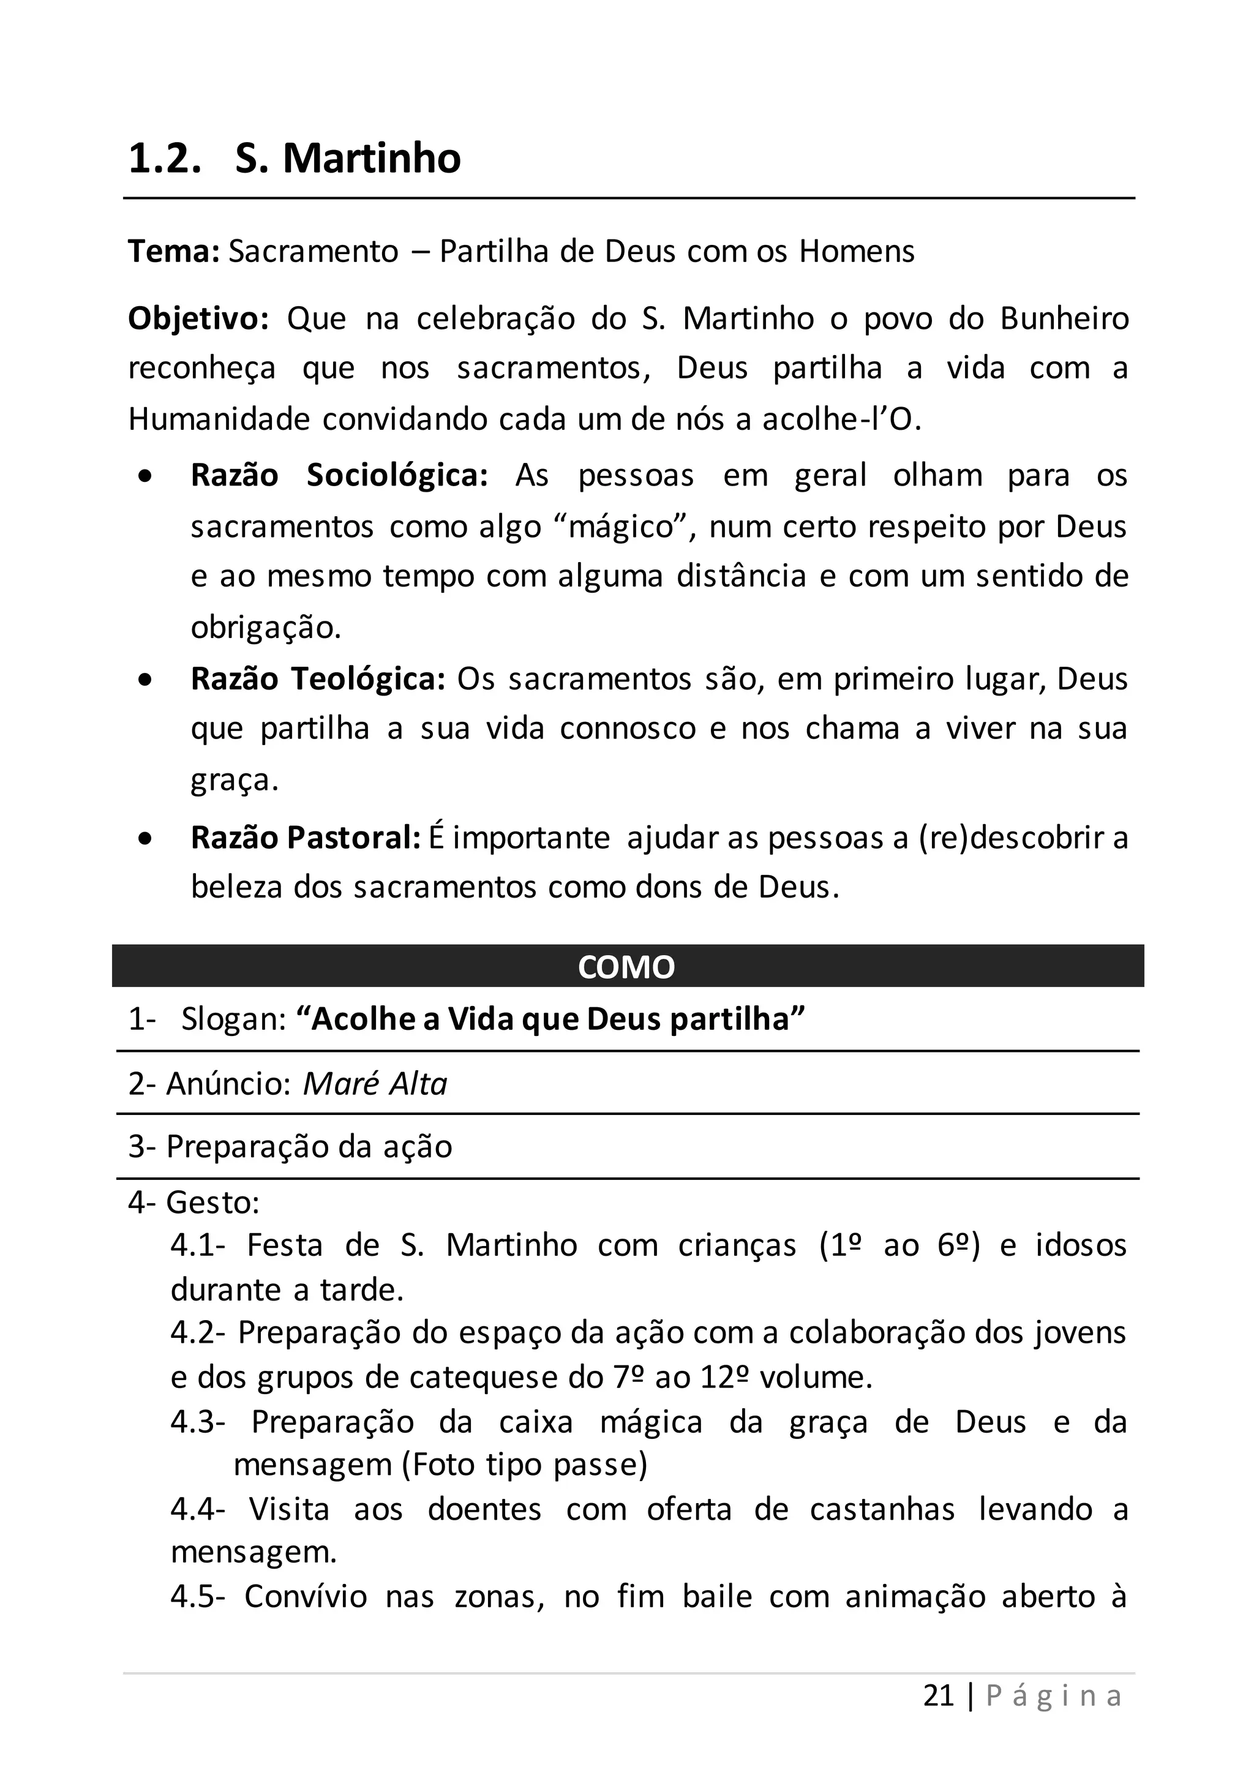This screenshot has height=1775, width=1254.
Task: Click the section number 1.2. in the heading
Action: tap(165, 159)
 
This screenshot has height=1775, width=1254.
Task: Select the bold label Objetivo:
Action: tap(198, 318)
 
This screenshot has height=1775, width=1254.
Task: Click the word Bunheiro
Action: tap(1064, 318)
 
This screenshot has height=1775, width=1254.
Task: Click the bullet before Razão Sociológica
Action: tap(145, 477)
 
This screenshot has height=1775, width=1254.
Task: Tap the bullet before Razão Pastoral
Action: tap(145, 839)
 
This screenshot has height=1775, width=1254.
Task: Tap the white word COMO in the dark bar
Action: tap(626, 967)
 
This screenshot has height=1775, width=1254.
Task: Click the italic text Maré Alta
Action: tap(375, 1084)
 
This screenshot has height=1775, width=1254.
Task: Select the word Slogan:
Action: tap(235, 1019)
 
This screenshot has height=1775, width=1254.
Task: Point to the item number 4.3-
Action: tap(198, 1422)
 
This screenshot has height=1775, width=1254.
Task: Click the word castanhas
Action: tap(882, 1509)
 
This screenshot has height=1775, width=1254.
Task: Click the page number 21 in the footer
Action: tap(939, 1695)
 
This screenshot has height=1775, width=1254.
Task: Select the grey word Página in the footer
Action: tap(1054, 1695)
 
